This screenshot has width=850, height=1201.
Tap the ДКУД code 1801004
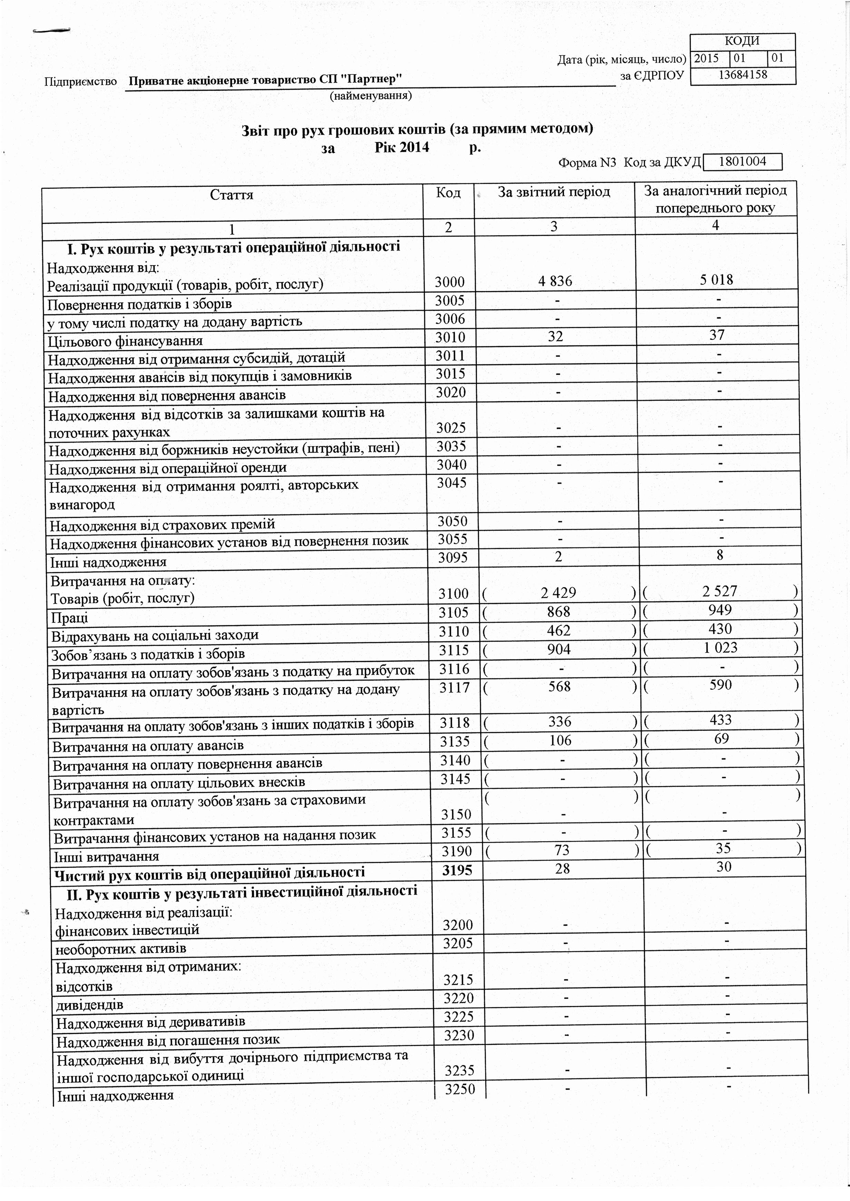tap(743, 162)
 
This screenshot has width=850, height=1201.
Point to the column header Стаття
tap(231, 195)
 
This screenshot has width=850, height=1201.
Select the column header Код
tap(448, 193)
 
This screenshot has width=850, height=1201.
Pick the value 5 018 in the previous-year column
tap(716, 280)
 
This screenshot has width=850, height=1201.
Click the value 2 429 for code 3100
tap(559, 593)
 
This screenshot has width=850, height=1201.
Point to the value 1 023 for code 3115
tap(720, 648)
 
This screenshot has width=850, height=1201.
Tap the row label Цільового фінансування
tap(125, 342)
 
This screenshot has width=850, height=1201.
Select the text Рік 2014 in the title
tap(402, 148)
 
